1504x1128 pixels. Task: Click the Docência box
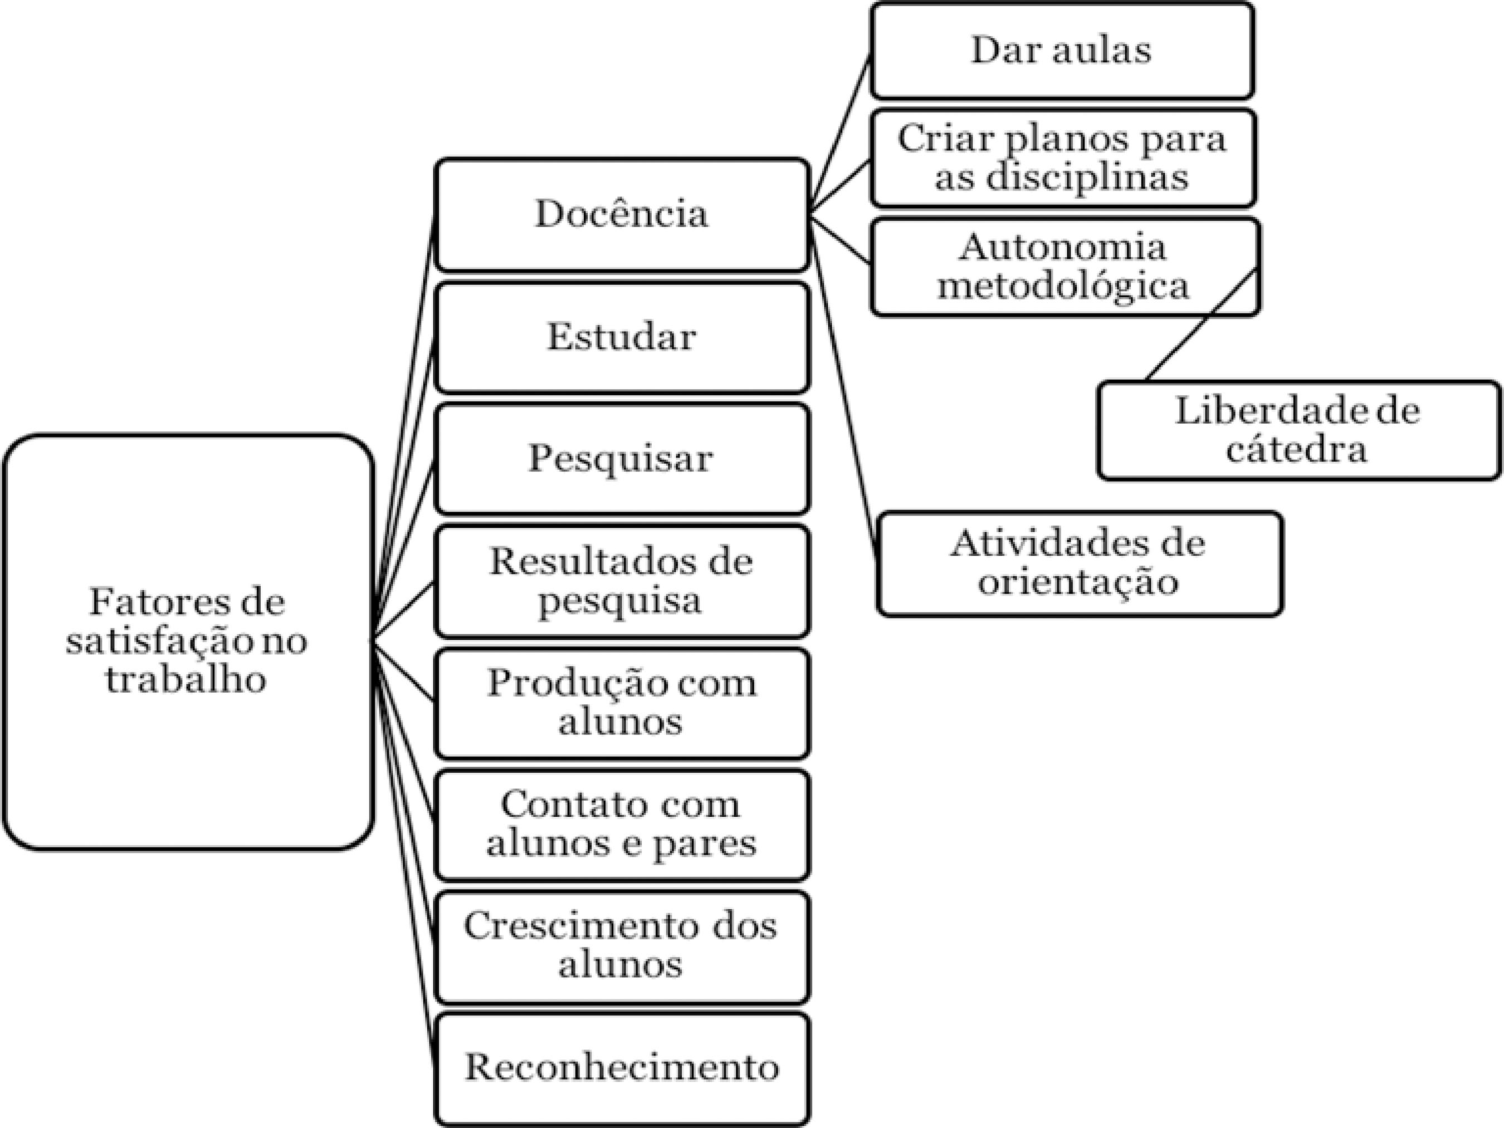point(622,214)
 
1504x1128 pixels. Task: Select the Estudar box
point(622,337)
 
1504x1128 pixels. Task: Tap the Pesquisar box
point(622,459)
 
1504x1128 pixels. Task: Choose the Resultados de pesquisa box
point(622,581)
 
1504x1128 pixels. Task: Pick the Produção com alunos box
point(622,703)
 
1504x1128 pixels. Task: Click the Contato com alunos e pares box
point(622,824)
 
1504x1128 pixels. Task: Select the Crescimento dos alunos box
point(622,946)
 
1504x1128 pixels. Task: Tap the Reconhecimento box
point(622,1067)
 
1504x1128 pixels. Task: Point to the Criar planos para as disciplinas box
point(1063,158)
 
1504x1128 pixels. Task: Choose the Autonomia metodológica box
point(1064,266)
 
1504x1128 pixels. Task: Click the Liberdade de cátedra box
point(1298,430)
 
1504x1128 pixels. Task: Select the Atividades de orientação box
point(1079,563)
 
